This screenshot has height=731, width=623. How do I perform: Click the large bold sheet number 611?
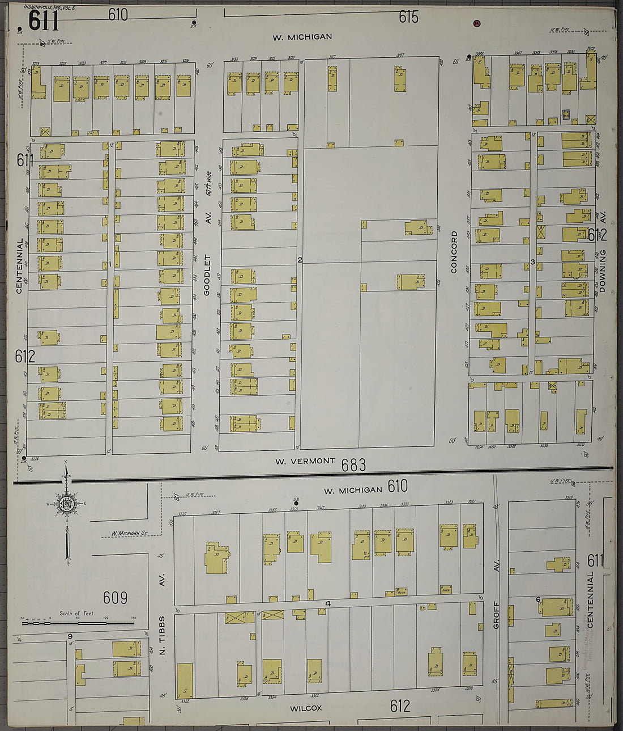pyautogui.click(x=44, y=21)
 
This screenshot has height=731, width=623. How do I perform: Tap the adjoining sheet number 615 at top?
pyautogui.click(x=408, y=17)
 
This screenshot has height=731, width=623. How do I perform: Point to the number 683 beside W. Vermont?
pyautogui.click(x=353, y=465)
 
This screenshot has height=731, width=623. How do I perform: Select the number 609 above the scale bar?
pyautogui.click(x=115, y=598)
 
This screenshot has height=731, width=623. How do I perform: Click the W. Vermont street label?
pyautogui.click(x=305, y=461)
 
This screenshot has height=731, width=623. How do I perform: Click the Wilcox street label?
pyautogui.click(x=306, y=708)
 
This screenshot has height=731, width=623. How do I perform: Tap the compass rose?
pyautogui.click(x=67, y=502)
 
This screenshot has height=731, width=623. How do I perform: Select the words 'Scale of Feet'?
pyautogui.click(x=78, y=614)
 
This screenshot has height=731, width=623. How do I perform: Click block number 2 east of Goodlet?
pyautogui.click(x=300, y=260)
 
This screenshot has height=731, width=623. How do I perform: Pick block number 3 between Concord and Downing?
pyautogui.click(x=532, y=261)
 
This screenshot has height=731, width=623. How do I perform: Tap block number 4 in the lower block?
pyautogui.click(x=327, y=604)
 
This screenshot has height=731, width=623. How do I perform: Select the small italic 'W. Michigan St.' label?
pyautogui.click(x=129, y=533)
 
